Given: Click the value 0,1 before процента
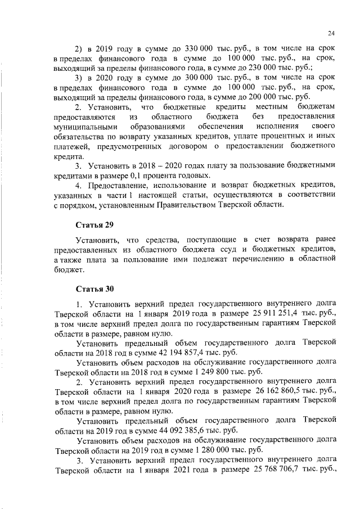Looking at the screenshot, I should click(x=144, y=175).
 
